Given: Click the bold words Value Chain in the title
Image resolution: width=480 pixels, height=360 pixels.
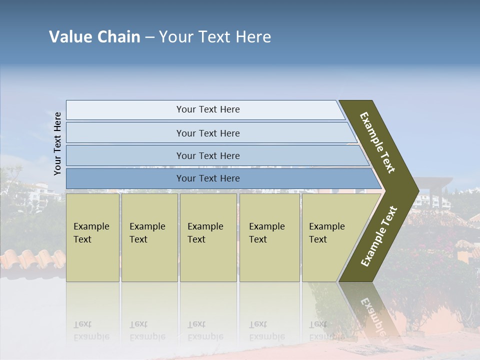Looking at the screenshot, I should pyautogui.click(x=94, y=37).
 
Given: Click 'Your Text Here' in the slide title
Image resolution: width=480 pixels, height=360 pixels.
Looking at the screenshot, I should pyautogui.click(x=215, y=37).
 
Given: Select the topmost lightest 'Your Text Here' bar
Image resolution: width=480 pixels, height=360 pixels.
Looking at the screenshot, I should pyautogui.click(x=207, y=109).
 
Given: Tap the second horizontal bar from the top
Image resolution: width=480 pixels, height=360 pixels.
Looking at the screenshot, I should pyautogui.click(x=207, y=133).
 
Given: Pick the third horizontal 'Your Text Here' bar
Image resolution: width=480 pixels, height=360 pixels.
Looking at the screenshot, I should pyautogui.click(x=207, y=155).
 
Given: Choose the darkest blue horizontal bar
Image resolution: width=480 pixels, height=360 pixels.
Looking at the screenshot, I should pyautogui.click(x=207, y=178).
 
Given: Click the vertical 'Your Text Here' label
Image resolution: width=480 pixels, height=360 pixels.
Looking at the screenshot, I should pyautogui.click(x=57, y=143).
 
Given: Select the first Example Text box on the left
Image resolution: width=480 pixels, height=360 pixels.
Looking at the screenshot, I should pyautogui.click(x=92, y=237).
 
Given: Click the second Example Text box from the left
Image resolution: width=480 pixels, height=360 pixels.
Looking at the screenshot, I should pyautogui.click(x=149, y=237).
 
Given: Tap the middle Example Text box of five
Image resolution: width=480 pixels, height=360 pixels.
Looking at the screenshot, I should pyautogui.click(x=208, y=237).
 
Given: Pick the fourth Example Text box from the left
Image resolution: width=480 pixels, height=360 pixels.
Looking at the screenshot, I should pyautogui.click(x=269, y=237).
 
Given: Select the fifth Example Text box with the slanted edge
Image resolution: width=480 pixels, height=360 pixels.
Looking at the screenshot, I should pyautogui.click(x=330, y=237).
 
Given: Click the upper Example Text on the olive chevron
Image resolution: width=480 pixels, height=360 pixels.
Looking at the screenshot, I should pyautogui.click(x=377, y=142).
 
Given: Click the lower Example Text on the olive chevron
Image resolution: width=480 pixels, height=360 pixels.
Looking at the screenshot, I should pyautogui.click(x=379, y=236).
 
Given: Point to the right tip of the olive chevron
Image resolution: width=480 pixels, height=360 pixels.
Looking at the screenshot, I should pyautogui.click(x=417, y=191).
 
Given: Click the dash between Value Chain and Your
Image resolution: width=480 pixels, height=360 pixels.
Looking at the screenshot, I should pyautogui.click(x=149, y=37).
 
